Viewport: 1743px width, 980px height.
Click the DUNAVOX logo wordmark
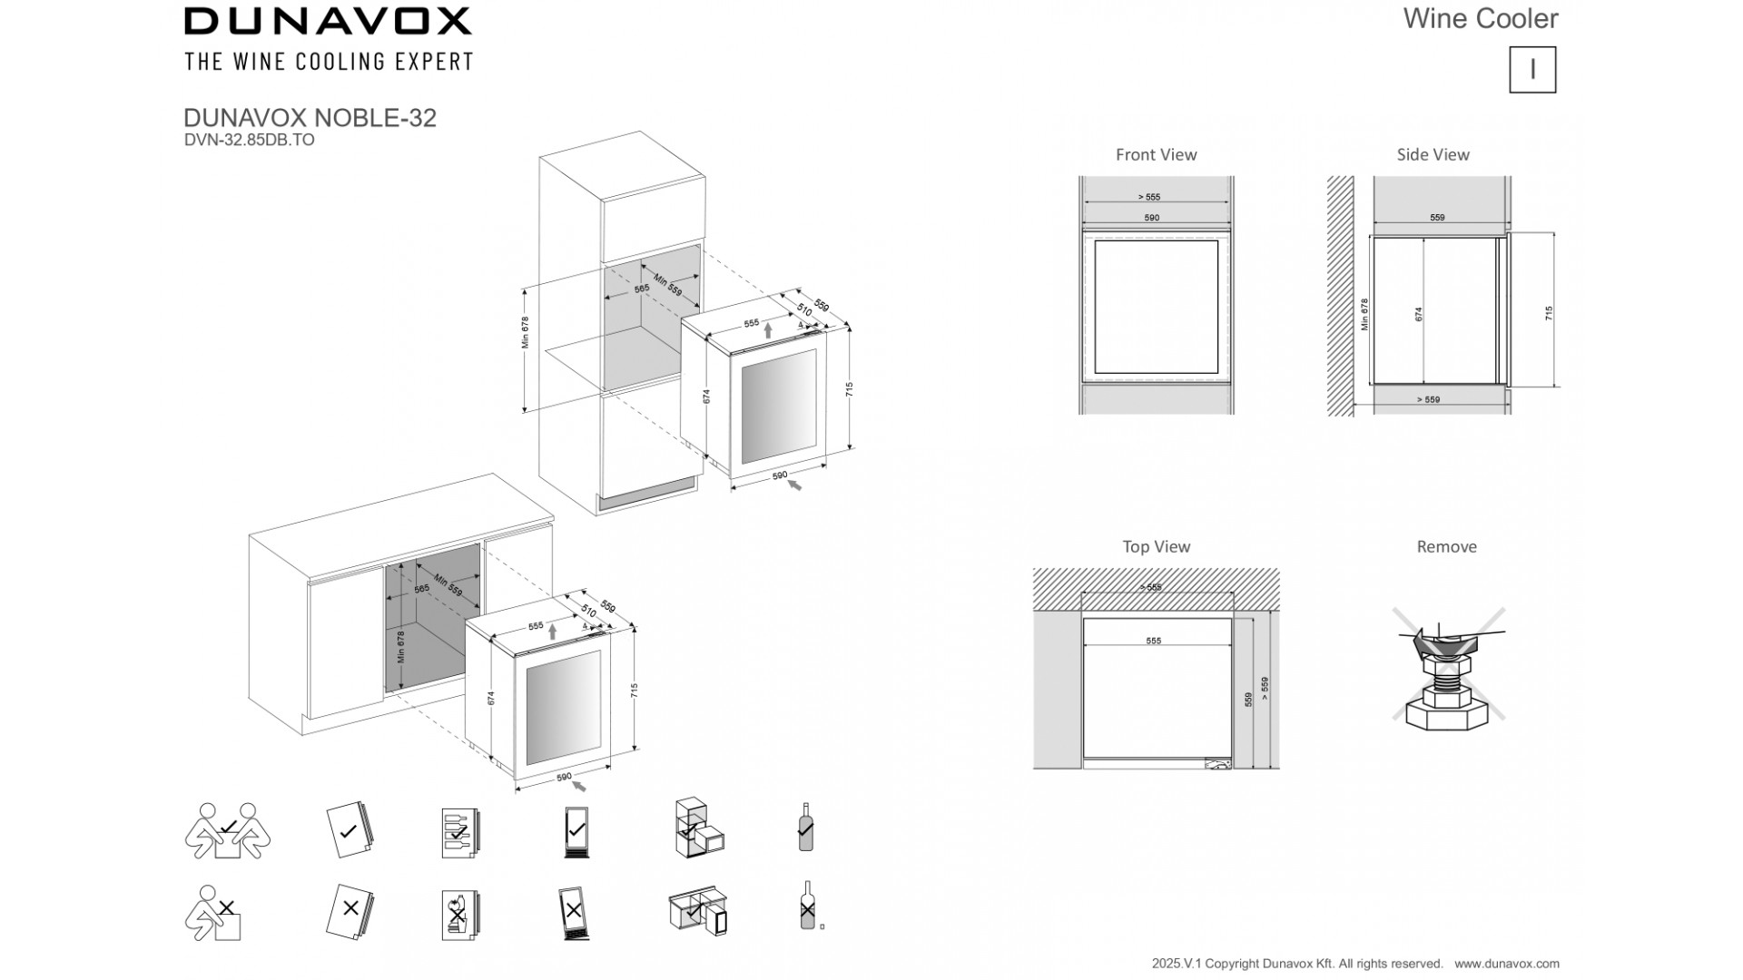[328, 21]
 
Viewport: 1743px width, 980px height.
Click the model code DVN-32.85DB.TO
[249, 140]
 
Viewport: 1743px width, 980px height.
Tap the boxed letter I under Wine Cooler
[1532, 70]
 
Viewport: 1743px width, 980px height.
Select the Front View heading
[1156, 155]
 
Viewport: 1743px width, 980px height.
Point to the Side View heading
[1433, 155]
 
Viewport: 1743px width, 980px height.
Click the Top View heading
[1156, 547]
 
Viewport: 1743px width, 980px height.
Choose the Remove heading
[1446, 547]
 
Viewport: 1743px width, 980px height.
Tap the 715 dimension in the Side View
[1549, 312]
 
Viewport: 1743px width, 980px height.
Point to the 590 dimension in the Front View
[1151, 218]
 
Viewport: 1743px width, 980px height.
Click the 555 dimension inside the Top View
[1153, 641]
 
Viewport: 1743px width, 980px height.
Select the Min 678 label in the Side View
[1364, 314]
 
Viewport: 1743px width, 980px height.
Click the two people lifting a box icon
[227, 830]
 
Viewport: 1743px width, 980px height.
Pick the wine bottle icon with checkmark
[805, 828]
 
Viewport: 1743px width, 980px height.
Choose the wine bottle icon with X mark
[807, 906]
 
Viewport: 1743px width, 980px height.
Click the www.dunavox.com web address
[1506, 964]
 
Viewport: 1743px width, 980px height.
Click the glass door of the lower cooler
[563, 708]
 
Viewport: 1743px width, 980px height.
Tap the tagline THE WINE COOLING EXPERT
[328, 62]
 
